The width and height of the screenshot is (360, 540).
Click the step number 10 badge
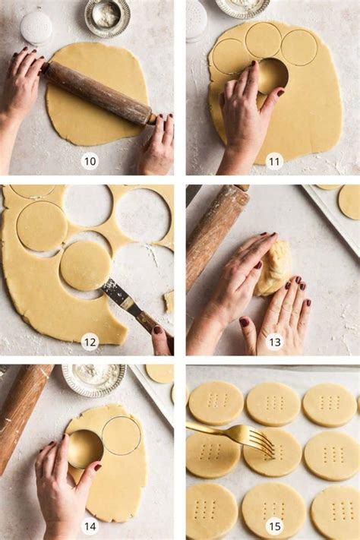click(90, 161)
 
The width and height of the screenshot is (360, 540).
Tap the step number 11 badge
click(275, 161)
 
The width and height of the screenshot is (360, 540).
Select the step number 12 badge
click(90, 342)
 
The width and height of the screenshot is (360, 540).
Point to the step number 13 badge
click(275, 342)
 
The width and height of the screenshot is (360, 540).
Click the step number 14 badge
click(90, 526)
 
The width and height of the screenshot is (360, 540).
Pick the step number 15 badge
click(275, 526)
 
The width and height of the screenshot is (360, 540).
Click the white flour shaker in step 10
click(36, 28)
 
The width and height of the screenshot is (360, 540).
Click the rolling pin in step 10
click(98, 93)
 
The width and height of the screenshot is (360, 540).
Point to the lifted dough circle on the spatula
click(85, 266)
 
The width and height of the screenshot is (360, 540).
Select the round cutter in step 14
click(85, 448)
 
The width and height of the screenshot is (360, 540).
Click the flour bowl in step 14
click(93, 380)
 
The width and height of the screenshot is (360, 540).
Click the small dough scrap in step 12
click(169, 302)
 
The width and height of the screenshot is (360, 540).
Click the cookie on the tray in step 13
click(349, 202)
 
